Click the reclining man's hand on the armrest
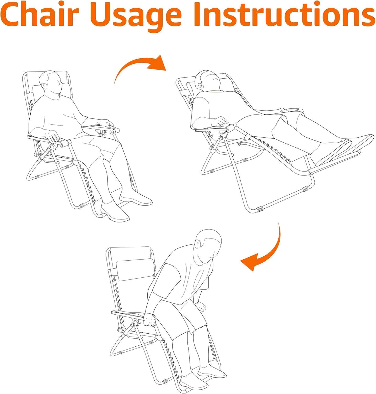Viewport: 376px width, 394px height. click(x=221, y=122)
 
